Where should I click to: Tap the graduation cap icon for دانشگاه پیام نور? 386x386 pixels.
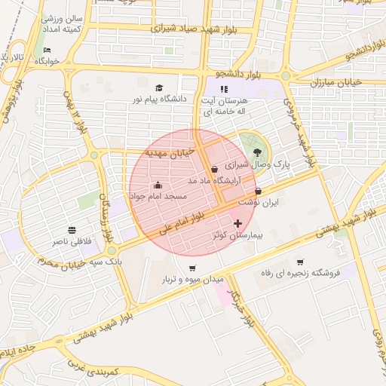point(159,88)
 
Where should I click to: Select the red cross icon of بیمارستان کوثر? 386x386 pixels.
point(239,223)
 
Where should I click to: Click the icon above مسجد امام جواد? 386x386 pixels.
point(158,185)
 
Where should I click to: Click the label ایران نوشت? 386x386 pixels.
point(259,204)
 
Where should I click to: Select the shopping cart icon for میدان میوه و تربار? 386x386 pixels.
point(192,268)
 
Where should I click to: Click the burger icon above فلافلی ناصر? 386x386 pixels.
point(72,230)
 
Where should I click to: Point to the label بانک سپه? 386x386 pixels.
point(105,260)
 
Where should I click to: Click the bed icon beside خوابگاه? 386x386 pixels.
point(47,51)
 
